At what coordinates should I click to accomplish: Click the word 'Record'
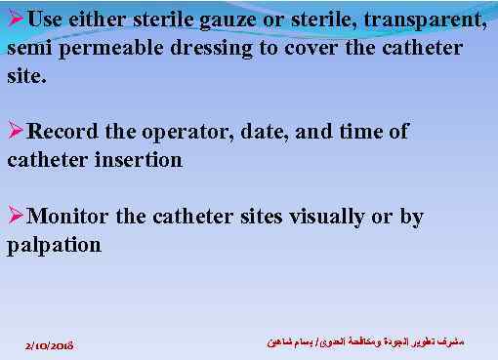64,133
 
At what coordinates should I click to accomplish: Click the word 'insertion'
140,159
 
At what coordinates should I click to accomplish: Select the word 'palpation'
54,245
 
